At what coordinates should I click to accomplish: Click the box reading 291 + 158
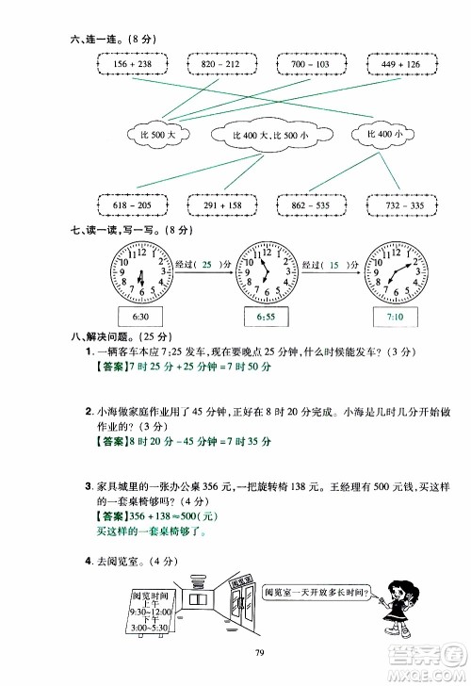coord(223,204)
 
